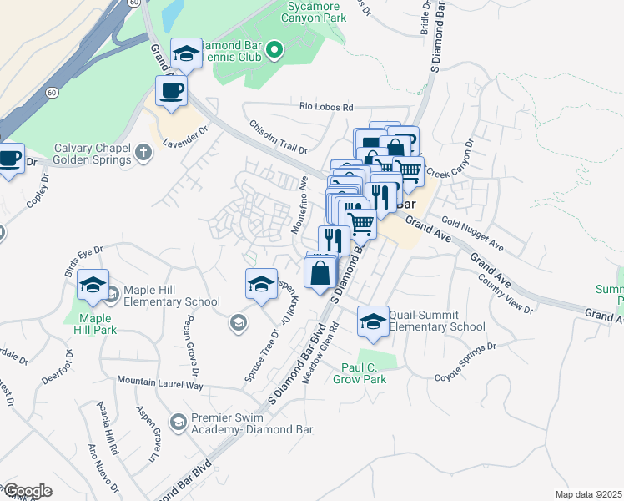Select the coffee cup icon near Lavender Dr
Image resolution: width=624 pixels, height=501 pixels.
point(171,91)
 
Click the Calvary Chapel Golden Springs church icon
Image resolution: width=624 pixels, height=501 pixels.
point(144,151)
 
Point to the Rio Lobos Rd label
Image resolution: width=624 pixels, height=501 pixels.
point(326,107)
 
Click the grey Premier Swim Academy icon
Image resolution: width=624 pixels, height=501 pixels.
point(176,423)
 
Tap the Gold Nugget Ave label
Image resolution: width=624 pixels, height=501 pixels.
point(473,235)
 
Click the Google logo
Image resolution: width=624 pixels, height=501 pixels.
point(27,490)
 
